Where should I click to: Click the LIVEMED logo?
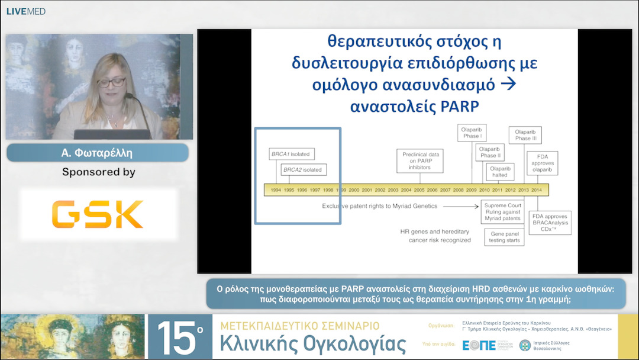click(x=26, y=11)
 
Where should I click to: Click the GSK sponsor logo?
click(x=98, y=214)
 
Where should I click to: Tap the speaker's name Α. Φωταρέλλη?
click(x=98, y=153)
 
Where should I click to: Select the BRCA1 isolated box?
click(x=290, y=154)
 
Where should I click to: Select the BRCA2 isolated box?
click(x=303, y=170)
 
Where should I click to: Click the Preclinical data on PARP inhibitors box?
click(x=416, y=161)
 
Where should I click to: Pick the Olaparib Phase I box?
click(x=472, y=133)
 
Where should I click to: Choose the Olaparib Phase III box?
click(x=526, y=135)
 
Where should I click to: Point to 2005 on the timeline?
click(x=419, y=189)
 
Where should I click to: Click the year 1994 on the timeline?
click(x=276, y=189)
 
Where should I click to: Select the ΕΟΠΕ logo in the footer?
click(x=478, y=345)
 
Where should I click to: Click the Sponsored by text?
click(x=98, y=172)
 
